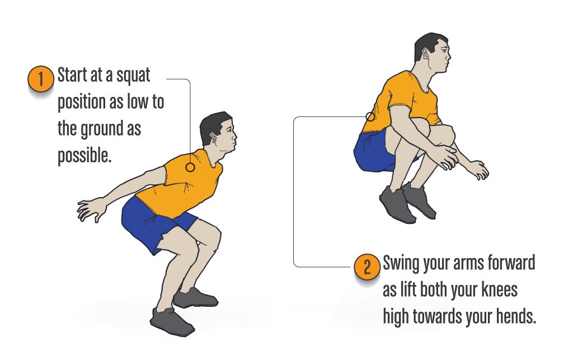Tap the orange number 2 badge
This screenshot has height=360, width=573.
point(367,267)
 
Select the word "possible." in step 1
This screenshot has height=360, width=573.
point(84,156)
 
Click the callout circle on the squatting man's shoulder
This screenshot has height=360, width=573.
point(190,167)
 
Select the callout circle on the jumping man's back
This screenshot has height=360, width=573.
point(370,116)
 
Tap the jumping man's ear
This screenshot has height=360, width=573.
point(426,54)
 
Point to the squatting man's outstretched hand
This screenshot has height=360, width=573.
point(90,209)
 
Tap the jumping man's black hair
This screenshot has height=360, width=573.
point(429,44)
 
